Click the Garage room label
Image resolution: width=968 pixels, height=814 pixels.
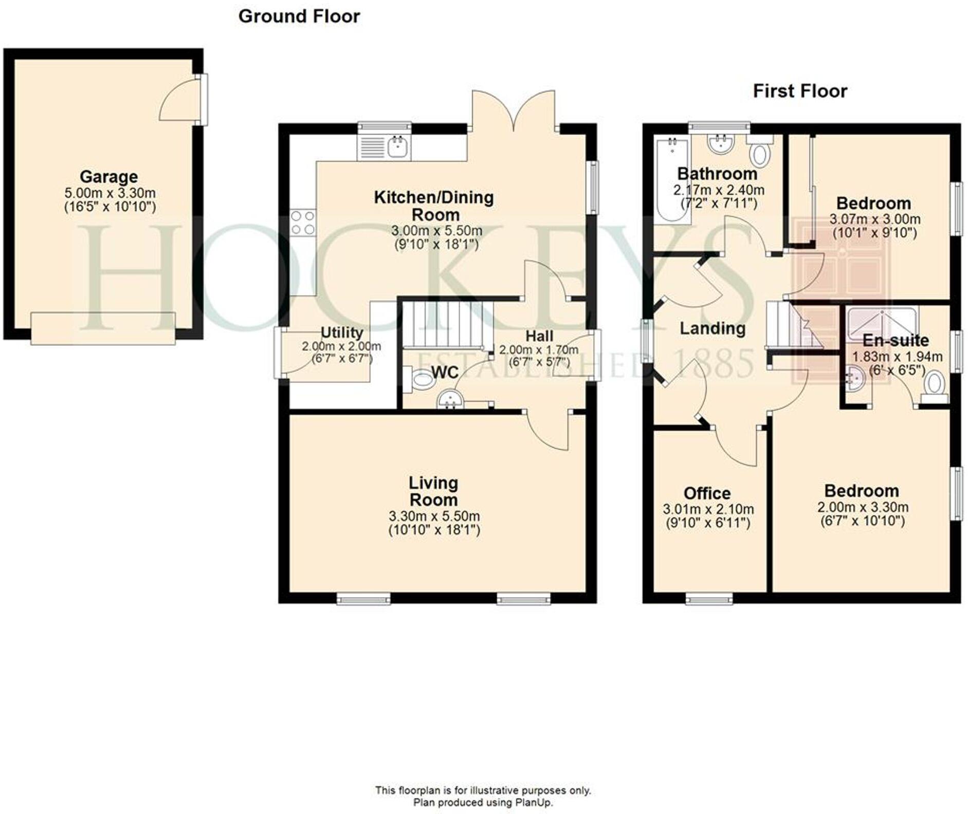pyautogui.click(x=108, y=177)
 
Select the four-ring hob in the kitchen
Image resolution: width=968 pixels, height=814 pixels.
pyautogui.click(x=302, y=223)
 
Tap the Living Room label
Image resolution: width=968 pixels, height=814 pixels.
pyautogui.click(x=433, y=491)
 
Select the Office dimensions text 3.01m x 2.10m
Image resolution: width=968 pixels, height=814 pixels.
pyautogui.click(x=708, y=509)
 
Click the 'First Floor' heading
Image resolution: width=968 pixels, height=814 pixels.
pyautogui.click(x=800, y=91)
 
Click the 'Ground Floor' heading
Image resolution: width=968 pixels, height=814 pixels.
pyautogui.click(x=299, y=16)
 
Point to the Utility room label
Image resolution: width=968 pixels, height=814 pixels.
pyautogui.click(x=341, y=332)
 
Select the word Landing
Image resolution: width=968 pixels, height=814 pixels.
pyautogui.click(x=712, y=328)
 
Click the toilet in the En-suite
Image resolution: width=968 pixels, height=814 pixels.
pyautogui.click(x=934, y=385)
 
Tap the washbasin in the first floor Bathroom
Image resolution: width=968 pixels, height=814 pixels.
pyautogui.click(x=720, y=143)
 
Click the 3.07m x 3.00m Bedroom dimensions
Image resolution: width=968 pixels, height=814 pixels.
pyautogui.click(x=874, y=219)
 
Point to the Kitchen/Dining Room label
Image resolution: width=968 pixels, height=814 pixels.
pyautogui.click(x=433, y=206)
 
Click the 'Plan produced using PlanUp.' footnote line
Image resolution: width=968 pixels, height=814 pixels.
pyautogui.click(x=483, y=803)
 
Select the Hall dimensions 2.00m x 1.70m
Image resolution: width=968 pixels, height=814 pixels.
pyautogui.click(x=538, y=350)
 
